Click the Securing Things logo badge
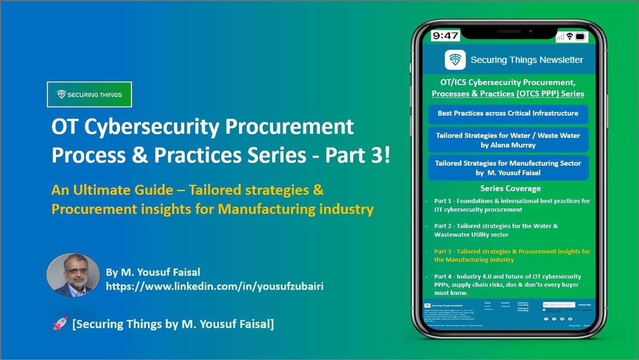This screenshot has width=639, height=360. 90,94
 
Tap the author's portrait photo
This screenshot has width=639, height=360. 73,275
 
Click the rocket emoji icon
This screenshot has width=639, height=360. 60,324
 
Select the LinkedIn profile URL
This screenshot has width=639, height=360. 215,286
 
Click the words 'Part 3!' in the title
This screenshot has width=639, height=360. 358,155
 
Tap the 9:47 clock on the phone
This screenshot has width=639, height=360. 445,36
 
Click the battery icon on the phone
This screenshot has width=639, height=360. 580,37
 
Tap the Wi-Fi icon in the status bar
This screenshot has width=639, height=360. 570,37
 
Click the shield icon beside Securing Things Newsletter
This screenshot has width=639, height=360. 455,60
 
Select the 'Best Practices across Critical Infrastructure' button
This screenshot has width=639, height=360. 508,114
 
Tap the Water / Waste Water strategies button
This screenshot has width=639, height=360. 508,140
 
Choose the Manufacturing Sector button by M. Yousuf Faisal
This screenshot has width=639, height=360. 508,168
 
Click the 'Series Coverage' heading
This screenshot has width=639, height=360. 510,188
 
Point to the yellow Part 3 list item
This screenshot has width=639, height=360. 512,255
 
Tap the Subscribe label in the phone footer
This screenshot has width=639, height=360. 585,305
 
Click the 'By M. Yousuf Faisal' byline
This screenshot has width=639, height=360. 153,272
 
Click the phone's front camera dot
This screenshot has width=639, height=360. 530,31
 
